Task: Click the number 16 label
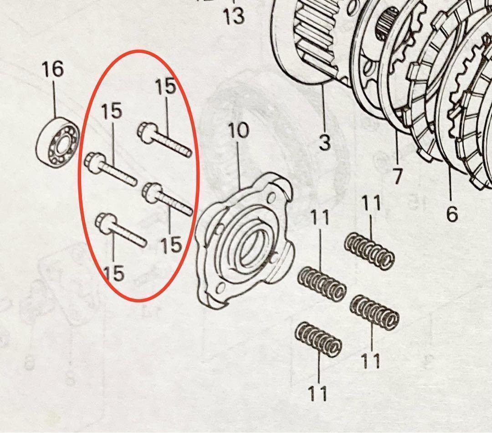pos(53,70)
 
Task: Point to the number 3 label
pos(324,143)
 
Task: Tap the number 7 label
pos(397,175)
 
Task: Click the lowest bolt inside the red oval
pos(121,230)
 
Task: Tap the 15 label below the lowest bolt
pos(113,273)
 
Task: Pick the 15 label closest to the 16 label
pos(111,111)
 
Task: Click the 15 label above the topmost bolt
pos(165,87)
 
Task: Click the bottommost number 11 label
pos(318,393)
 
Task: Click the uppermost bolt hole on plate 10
pos(272,197)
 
